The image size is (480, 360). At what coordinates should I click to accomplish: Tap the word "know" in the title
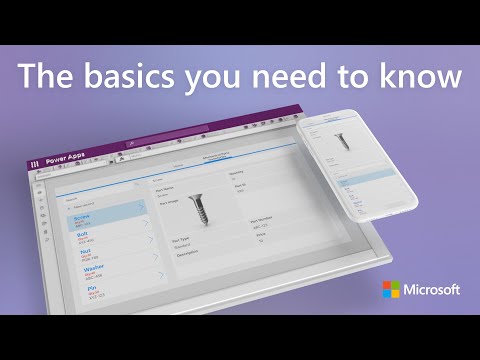419,77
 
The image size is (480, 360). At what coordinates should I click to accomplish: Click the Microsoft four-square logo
390,290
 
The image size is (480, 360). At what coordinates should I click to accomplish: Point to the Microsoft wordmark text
432,290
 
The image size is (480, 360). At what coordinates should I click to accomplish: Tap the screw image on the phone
343,140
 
